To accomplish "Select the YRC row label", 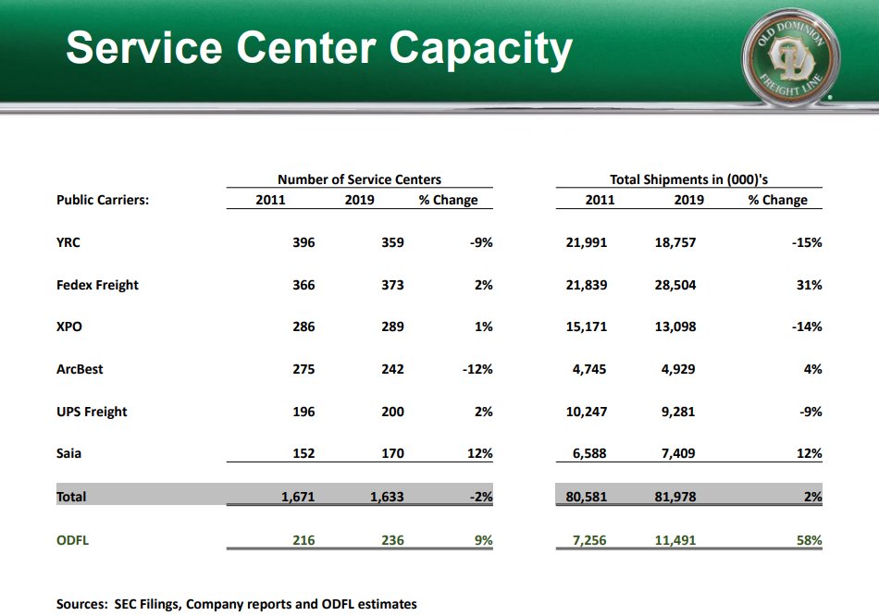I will [x=68, y=242].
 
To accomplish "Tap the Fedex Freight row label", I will [x=97, y=285].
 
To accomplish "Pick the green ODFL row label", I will [x=73, y=540].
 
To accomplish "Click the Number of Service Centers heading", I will [x=359, y=179].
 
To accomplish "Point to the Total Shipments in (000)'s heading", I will [x=688, y=179].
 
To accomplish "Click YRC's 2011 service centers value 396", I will [x=303, y=242].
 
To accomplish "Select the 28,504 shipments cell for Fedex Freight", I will [x=675, y=285].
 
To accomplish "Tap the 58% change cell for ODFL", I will [x=810, y=540].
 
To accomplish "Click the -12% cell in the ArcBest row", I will [x=477, y=369].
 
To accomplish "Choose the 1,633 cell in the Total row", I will [x=387, y=497].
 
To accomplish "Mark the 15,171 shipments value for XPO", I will [x=587, y=326].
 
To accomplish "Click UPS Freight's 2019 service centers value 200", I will [x=392, y=412].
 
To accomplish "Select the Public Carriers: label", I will [x=103, y=200].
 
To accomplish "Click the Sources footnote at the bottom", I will [x=237, y=604].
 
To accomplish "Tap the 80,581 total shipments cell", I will [x=586, y=497].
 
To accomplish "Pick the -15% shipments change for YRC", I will [x=807, y=242].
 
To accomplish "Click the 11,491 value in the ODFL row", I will [x=675, y=540].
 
